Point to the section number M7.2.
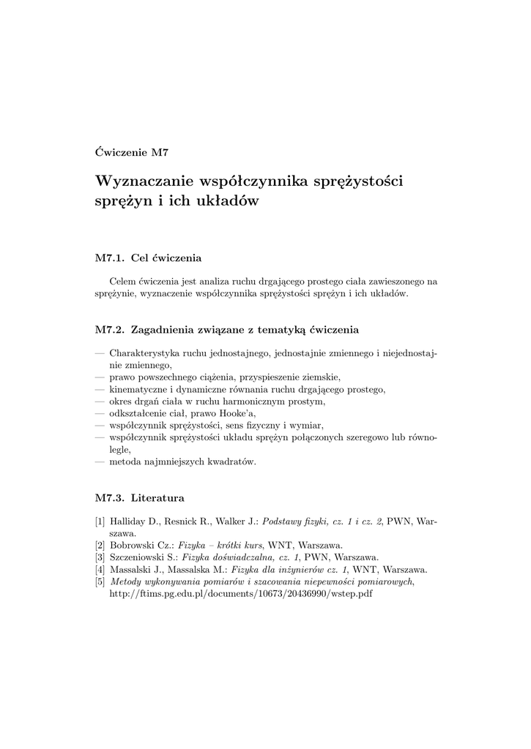pos(110,329)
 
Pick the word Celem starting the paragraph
pos(122,281)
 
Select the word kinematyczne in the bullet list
pos(138,389)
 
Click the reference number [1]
pos(100,522)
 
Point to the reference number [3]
pos(100,557)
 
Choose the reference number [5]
pos(100,581)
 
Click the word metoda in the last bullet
pos(125,462)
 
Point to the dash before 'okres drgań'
pos(100,402)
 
